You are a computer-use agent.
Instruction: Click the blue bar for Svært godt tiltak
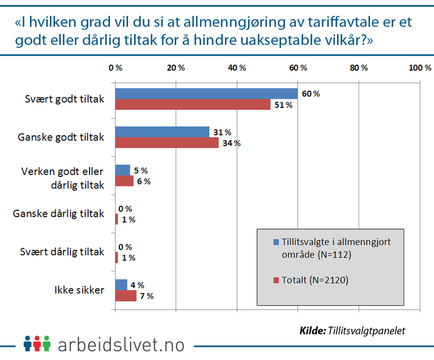[x=207, y=93]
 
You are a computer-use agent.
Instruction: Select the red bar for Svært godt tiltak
[x=193, y=105]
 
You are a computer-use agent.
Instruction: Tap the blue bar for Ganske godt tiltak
[x=162, y=132]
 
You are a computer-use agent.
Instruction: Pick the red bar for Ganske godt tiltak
[x=167, y=143]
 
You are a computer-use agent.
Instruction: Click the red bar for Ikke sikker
[x=126, y=296]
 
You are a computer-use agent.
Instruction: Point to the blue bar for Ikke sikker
[x=122, y=285]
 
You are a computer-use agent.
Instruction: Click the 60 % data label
[x=311, y=93]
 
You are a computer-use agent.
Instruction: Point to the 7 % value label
[x=146, y=296]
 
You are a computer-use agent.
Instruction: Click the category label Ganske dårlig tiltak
[x=58, y=213]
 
